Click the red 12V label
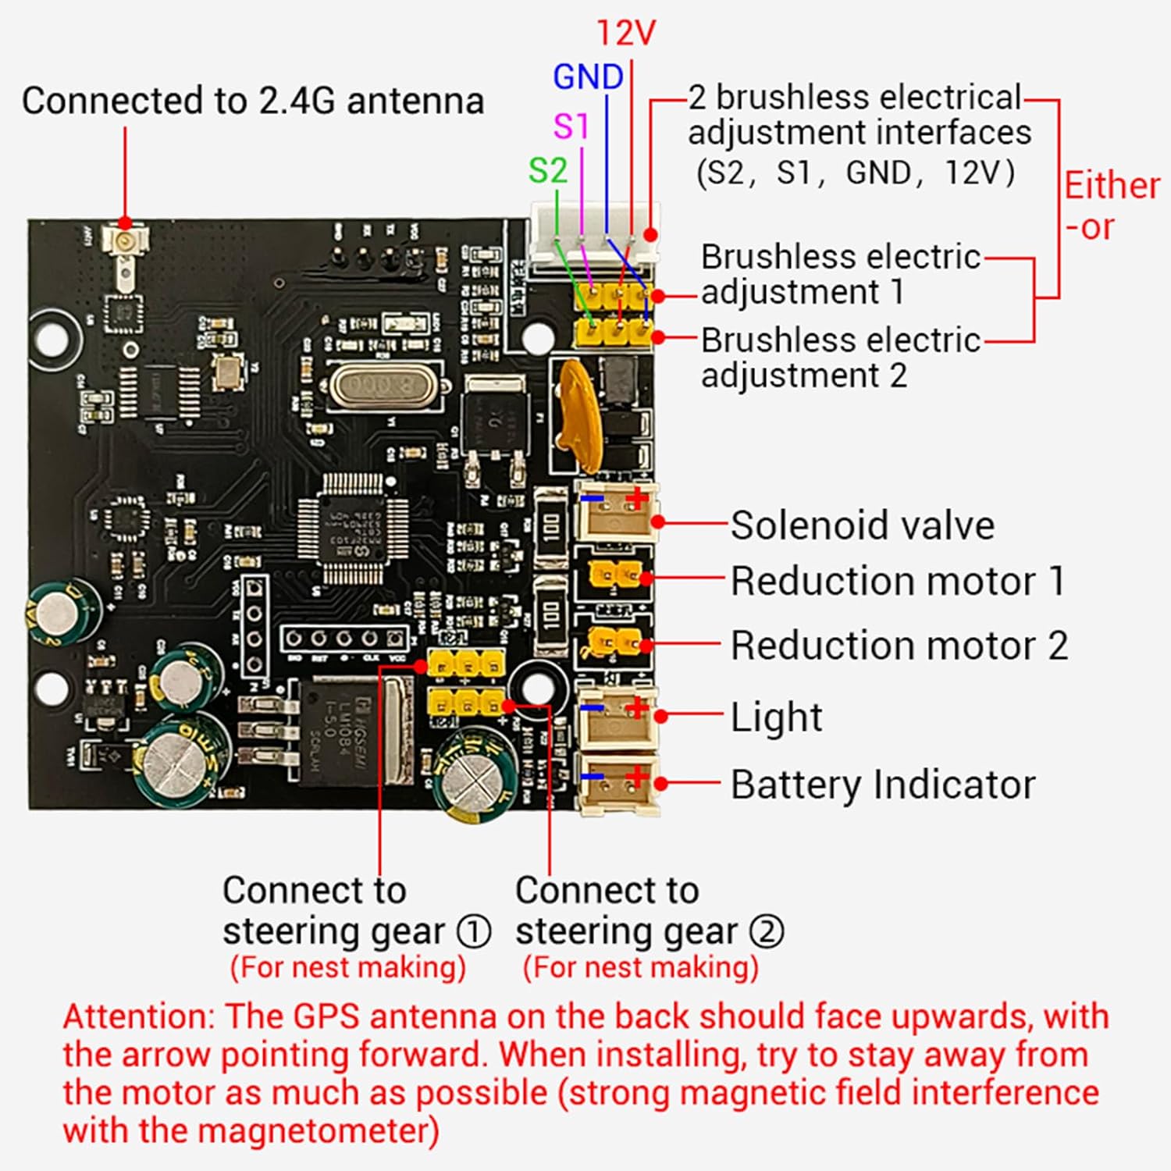point(626,34)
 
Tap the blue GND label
point(588,77)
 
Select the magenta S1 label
point(571,126)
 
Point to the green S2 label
point(547,171)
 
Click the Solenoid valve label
point(862,525)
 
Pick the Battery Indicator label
point(882,785)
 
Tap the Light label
point(776,717)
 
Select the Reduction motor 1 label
point(898,582)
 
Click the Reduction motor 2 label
point(899,646)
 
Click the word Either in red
point(1112,187)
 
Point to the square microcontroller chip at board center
point(353,529)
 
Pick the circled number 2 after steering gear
point(766,931)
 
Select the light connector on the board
point(616,717)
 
